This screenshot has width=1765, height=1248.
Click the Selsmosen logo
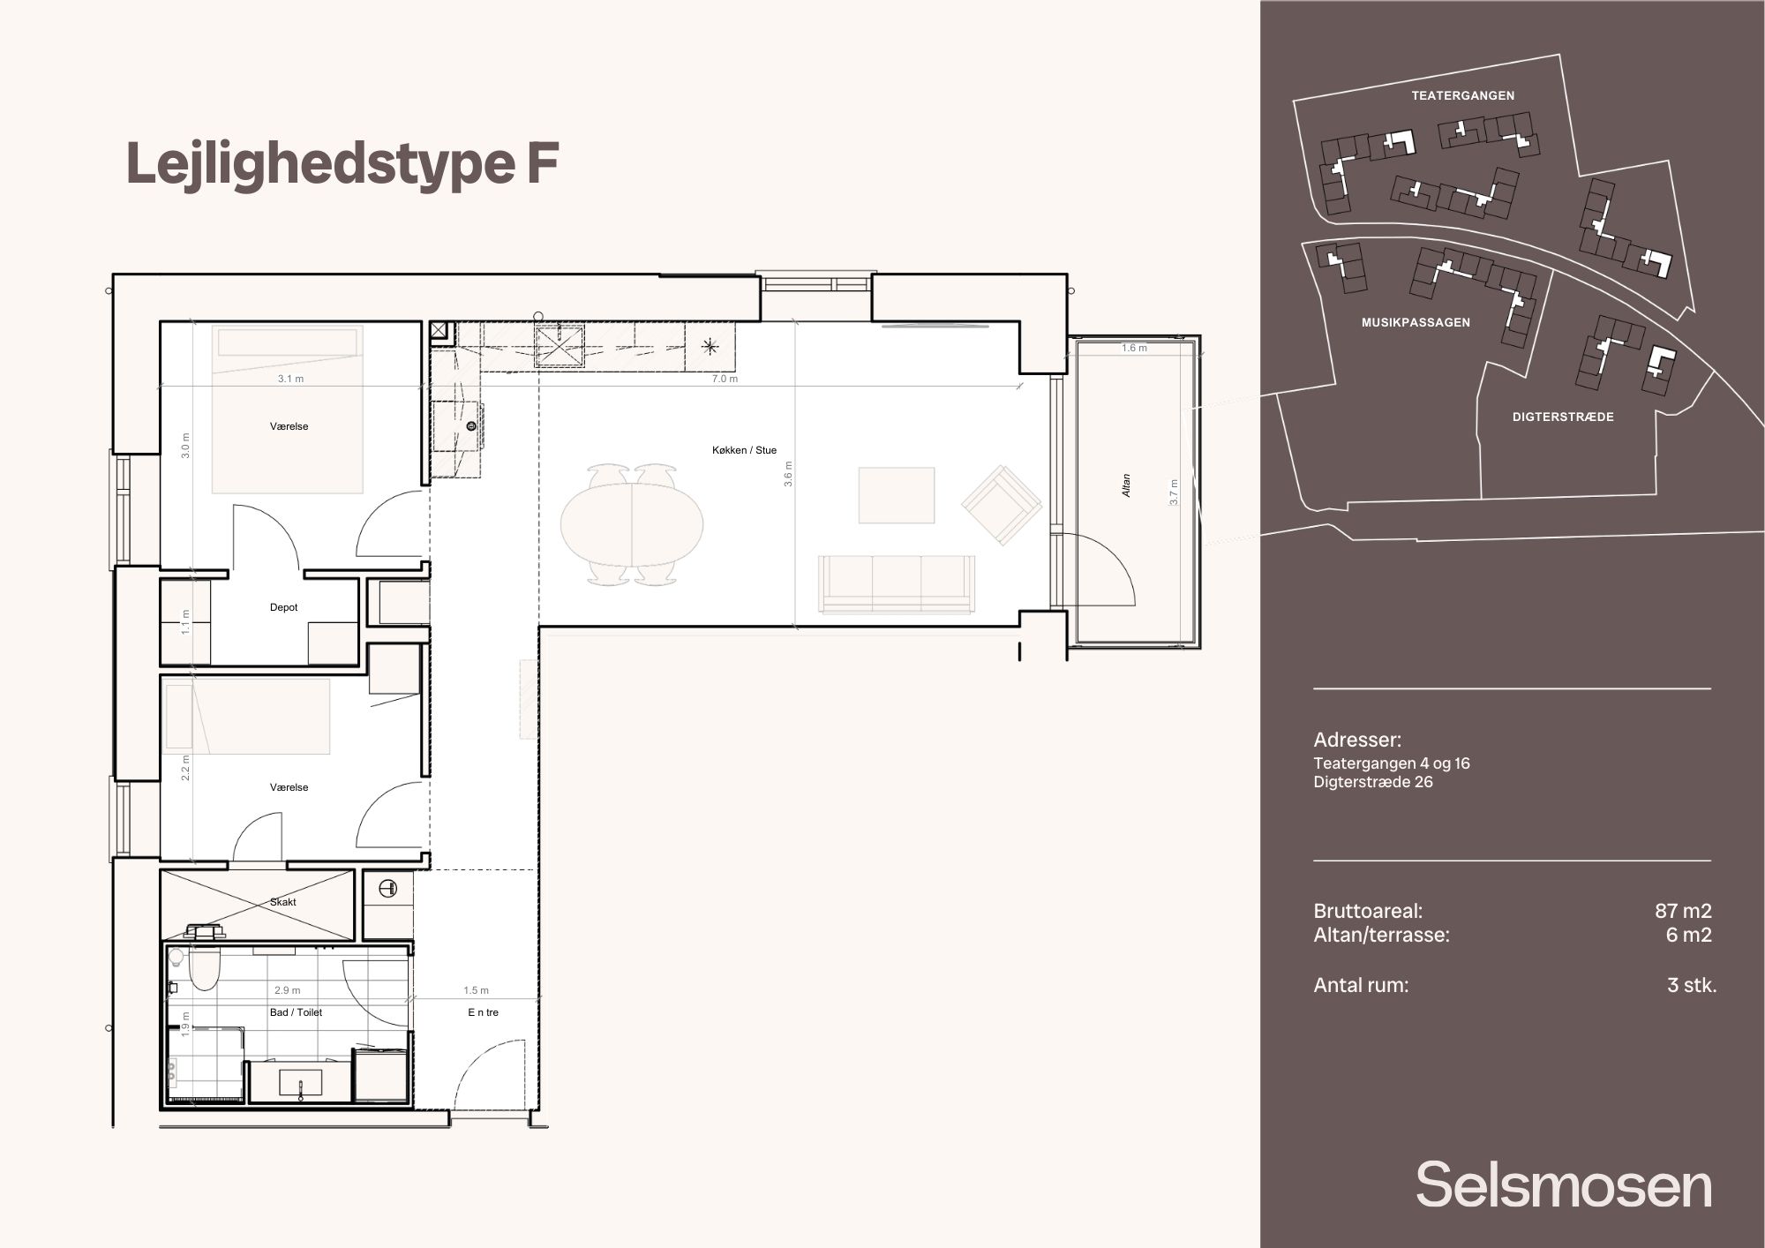click(1564, 1184)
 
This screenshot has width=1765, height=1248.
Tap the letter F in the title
click(543, 164)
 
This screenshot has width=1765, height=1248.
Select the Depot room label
click(283, 607)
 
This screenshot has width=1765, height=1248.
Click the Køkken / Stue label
click(744, 450)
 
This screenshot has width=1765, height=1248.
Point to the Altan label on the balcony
click(1126, 485)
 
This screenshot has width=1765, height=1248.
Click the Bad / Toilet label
click(296, 1012)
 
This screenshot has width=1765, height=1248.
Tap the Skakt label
click(283, 902)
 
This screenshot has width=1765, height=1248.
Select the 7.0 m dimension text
click(725, 379)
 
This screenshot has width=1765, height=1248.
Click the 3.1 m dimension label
click(290, 379)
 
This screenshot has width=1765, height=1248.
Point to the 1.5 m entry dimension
click(476, 990)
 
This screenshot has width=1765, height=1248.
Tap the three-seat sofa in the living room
click(897, 583)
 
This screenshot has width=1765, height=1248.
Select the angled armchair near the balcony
click(1002, 506)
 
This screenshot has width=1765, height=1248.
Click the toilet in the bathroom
click(204, 967)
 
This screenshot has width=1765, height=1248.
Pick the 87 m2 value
click(1683, 911)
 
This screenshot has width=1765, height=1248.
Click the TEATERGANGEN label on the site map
click(1462, 95)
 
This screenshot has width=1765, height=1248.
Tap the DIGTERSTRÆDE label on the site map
click(1563, 417)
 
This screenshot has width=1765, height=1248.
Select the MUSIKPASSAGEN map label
click(1416, 322)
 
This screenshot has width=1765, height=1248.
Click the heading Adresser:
click(1357, 740)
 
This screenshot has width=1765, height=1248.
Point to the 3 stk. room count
click(1692, 985)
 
